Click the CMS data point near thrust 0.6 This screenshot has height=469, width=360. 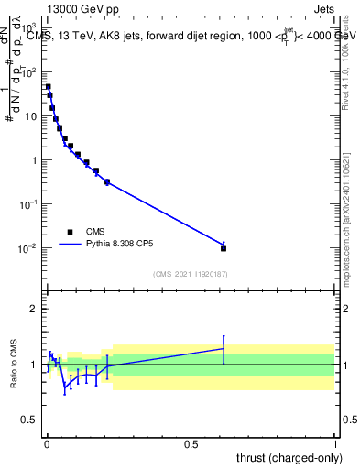click(224, 248)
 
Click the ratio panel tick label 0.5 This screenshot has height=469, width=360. click(30, 422)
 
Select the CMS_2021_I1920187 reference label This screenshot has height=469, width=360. click(191, 273)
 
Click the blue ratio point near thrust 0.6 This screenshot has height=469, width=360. click(224, 348)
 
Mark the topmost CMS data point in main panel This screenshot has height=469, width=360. click(48, 87)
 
